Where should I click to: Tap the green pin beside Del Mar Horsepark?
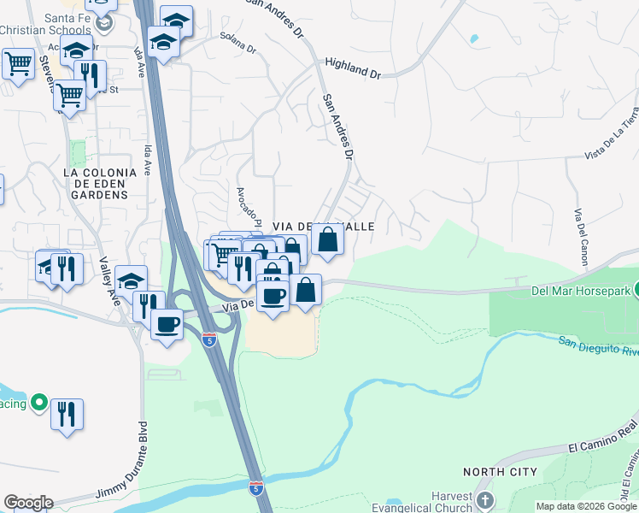click(635, 292)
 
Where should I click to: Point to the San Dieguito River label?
click(599, 345)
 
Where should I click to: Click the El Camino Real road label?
click(603, 443)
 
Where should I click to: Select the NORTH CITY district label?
click(500, 472)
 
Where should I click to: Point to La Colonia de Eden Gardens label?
click(96, 183)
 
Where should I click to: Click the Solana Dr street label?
click(237, 44)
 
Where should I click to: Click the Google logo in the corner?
click(28, 502)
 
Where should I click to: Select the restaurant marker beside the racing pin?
click(66, 413)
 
